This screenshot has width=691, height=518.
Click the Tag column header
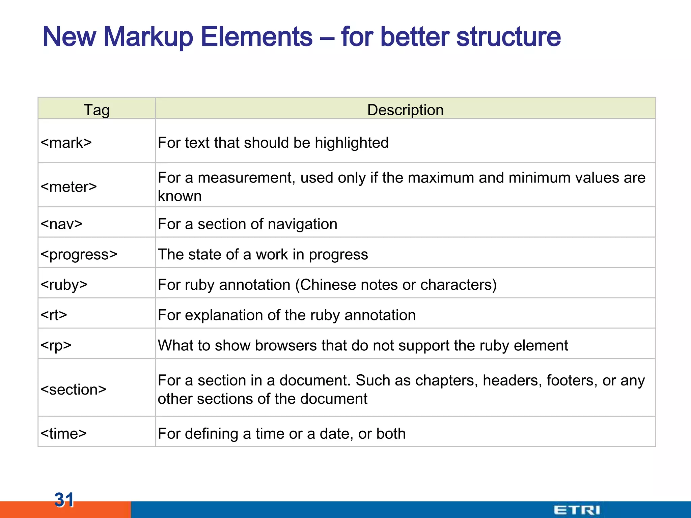[96, 110]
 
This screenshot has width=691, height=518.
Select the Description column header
[405, 110]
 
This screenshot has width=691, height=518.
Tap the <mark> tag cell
[66, 143]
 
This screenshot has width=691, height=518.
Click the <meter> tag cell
[69, 186]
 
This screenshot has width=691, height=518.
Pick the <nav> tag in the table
[61, 224]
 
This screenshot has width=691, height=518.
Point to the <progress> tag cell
[79, 254]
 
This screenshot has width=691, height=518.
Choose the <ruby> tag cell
[64, 285]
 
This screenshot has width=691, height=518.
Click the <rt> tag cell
[54, 315]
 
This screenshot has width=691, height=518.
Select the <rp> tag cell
[56, 345]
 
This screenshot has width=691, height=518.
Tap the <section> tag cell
[74, 390]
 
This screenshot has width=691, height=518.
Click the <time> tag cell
[64, 433]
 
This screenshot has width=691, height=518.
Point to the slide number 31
[64, 499]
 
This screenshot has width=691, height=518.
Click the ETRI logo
[577, 510]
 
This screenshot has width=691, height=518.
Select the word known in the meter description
[179, 196]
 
